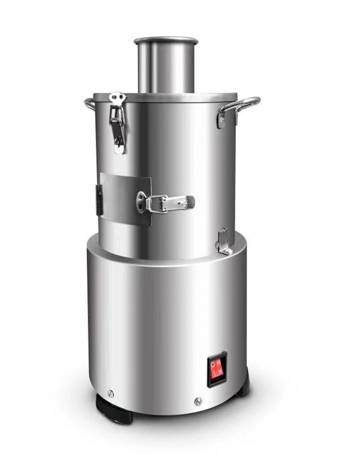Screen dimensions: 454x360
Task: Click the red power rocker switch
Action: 217,369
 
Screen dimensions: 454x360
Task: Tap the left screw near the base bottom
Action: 111,393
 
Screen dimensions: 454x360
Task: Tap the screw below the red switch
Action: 198,402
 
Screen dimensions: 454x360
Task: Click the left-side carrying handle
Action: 89,104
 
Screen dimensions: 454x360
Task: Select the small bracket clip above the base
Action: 224,241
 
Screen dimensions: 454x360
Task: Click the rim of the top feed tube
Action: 166,41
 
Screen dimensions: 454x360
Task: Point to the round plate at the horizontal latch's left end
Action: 141,201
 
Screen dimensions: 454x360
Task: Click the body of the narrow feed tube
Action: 166,69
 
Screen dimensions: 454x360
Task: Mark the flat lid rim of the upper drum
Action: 166,97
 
